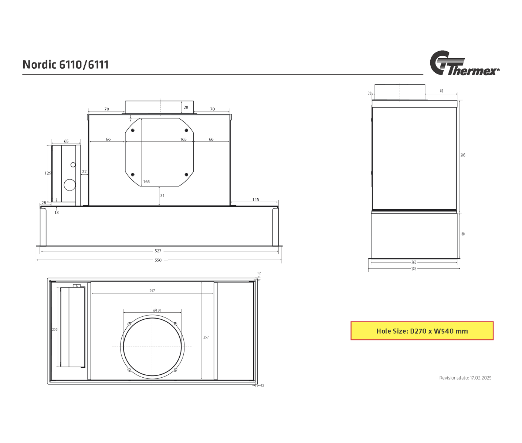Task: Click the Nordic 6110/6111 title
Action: pos(66,65)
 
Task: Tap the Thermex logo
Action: pos(464,63)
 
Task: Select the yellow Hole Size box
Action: pos(422,331)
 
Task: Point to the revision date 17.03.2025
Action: pos(481,385)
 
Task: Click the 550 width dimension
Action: pos(158,260)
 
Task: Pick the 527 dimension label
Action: pos(158,251)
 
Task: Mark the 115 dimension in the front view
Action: pos(256,200)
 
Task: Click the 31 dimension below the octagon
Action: pos(162,195)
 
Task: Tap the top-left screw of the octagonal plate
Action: pos(133,130)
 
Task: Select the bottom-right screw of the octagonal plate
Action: pos(186,175)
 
